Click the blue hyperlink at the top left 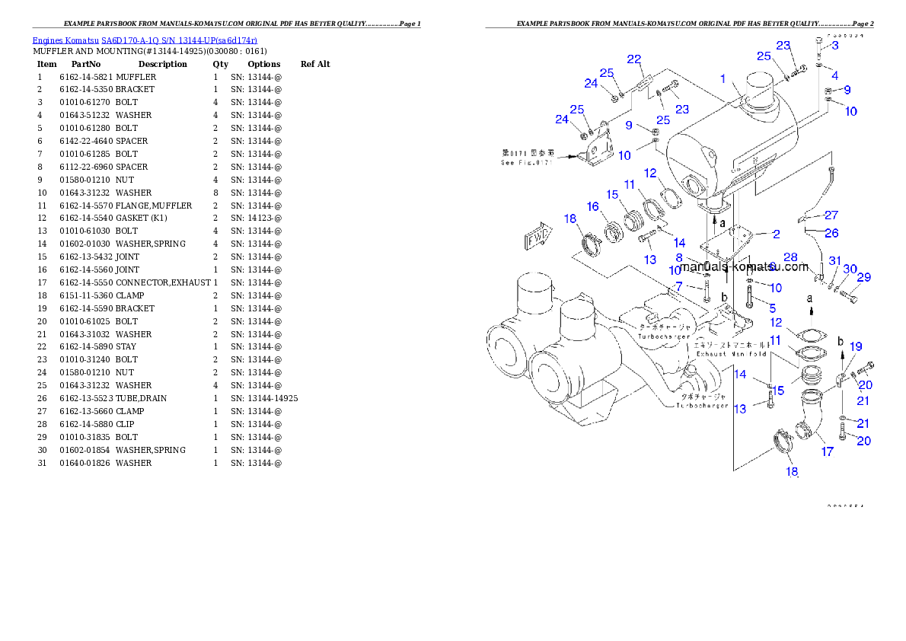pos(145,40)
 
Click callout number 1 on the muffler pos(724,78)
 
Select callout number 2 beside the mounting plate pos(776,233)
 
